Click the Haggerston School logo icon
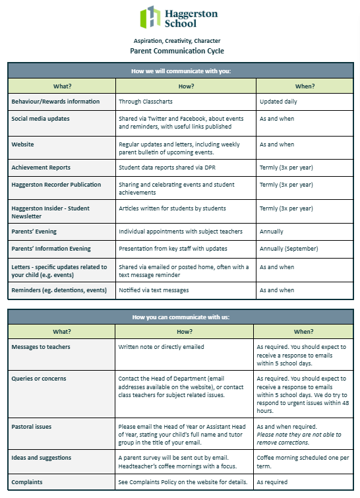point(150,17)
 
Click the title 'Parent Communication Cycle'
point(177,51)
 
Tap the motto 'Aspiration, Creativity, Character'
point(177,40)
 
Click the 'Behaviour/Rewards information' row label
point(55,102)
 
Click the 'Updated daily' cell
point(278,102)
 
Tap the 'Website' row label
point(23,144)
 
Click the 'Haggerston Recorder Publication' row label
point(56,185)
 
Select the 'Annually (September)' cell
point(289,249)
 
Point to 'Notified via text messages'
point(154,290)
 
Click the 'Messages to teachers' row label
point(41,346)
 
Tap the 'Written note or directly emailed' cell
point(162,346)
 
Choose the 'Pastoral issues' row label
point(33,426)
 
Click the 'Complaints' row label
point(28,482)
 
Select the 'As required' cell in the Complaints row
point(272,482)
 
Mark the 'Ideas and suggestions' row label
point(42,457)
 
